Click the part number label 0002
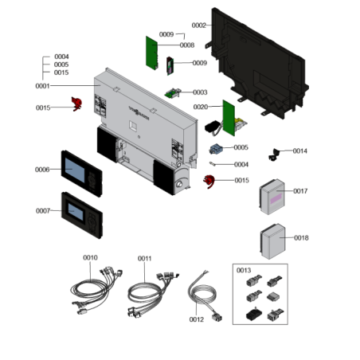199,25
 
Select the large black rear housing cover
257,64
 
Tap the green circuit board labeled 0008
152,53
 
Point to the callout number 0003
200,92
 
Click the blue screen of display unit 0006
75,170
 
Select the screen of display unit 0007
76,212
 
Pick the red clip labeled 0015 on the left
76,104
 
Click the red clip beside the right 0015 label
209,182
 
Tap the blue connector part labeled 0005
216,149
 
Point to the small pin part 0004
213,164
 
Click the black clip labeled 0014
274,155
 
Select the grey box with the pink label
272,197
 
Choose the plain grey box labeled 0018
273,241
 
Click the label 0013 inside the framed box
244,270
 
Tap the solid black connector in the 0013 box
254,314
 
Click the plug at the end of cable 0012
217,317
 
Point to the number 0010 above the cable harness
90,257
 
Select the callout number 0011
145,258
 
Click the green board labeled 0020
229,118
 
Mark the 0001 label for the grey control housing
42,86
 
